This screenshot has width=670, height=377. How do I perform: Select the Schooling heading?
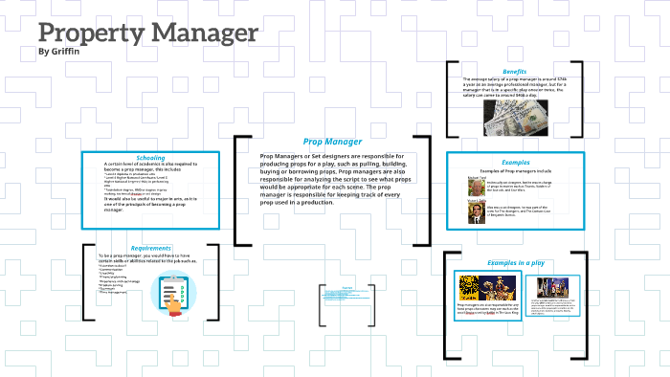150,157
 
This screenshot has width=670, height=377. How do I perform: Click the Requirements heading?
150,248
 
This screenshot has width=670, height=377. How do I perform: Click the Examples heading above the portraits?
515,162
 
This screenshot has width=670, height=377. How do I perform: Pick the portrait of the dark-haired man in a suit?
476,214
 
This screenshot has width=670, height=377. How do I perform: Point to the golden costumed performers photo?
506,287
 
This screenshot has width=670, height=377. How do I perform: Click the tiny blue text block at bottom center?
346,295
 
